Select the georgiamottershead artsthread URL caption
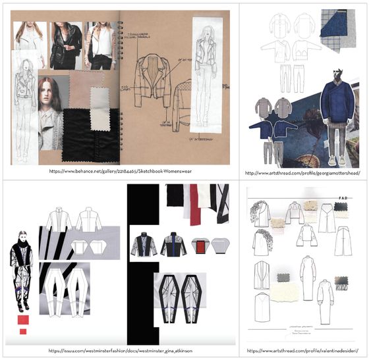pos(302,172)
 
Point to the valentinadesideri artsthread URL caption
pos(302,351)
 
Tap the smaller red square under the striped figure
pos(23,331)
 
